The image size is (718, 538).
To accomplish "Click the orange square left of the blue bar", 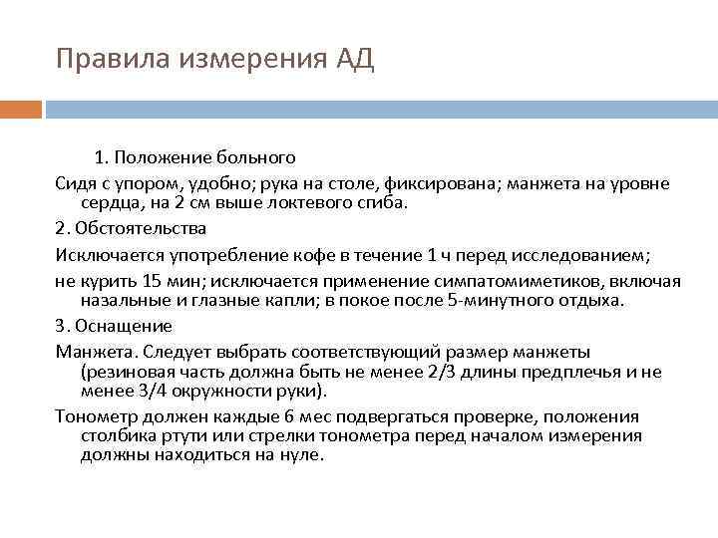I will click(x=20, y=109).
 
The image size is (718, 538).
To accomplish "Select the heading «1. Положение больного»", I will click(x=194, y=158).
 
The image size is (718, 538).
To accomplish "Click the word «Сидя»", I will click(x=76, y=184).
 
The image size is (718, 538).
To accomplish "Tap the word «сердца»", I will click(x=109, y=202).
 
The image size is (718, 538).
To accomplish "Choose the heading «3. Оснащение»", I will click(x=114, y=325).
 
